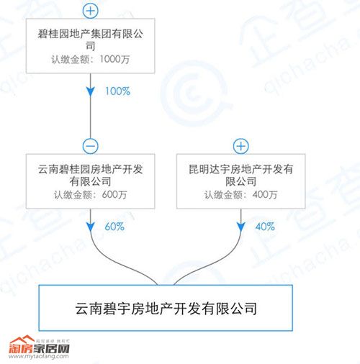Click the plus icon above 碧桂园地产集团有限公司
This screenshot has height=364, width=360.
coord(91,11)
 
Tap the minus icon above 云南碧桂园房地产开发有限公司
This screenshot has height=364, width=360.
coord(91,146)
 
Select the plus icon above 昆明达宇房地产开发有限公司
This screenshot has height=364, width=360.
coord(241,146)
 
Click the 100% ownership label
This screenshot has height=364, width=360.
coord(118,91)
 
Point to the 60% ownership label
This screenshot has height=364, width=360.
coord(114,227)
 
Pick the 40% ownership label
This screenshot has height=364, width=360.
coord(265,227)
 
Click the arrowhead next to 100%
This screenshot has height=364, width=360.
coord(91,92)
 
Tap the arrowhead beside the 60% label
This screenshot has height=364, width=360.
coord(91,227)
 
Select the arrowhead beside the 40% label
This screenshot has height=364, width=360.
coord(241,227)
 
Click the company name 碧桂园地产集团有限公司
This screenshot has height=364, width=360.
coord(91,40)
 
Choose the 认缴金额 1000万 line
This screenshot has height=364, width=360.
coord(91,59)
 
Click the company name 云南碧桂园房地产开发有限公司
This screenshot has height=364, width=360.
coord(91,176)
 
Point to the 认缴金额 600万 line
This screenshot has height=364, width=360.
coord(91,195)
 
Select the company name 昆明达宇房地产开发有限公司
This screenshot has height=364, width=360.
coord(241,176)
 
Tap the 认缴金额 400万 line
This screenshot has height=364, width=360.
coord(241,195)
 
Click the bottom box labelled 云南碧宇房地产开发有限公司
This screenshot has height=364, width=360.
coord(166,308)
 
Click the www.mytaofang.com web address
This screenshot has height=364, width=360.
coord(39,356)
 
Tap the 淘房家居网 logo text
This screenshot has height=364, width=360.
coord(39,349)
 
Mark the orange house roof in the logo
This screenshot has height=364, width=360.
coord(22,340)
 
